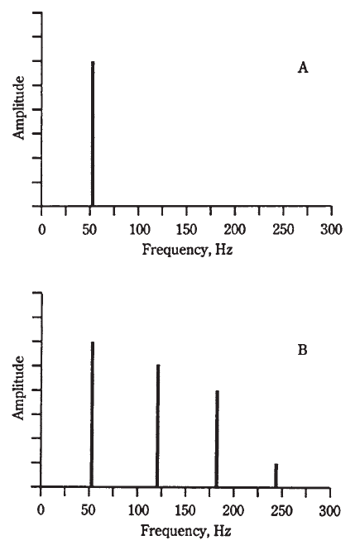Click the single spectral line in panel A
93,134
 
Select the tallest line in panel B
93,414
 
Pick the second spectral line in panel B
158,425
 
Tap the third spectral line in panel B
217,438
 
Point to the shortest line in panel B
276,475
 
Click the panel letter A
303,67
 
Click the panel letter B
302,350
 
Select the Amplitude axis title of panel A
19,108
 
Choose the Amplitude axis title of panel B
18,387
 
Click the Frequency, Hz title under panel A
187,250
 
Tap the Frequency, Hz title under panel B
186,531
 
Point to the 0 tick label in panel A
41,230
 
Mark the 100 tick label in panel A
140,230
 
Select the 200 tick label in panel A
235,230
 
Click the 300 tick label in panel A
331,230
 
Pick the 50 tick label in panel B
89,510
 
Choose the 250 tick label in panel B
281,510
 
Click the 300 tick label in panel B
330,510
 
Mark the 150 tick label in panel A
187,230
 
